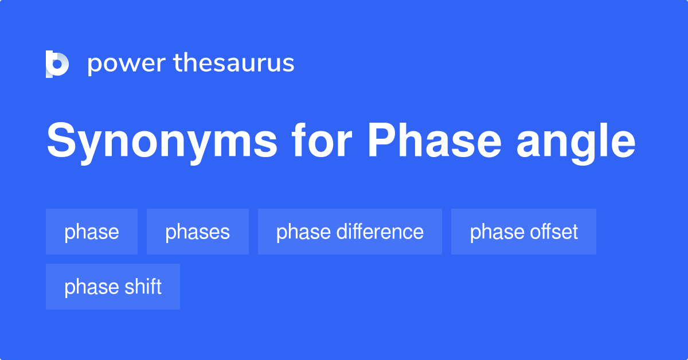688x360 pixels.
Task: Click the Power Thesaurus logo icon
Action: click(57, 64)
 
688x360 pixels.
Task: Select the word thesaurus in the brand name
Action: click(234, 63)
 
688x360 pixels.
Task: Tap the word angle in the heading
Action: click(576, 143)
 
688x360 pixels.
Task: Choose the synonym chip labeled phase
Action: click(92, 232)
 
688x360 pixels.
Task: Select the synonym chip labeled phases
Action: click(197, 232)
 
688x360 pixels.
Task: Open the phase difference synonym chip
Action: click(350, 232)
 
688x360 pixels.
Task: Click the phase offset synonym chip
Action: click(523, 232)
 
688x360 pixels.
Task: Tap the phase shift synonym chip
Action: click(113, 287)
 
